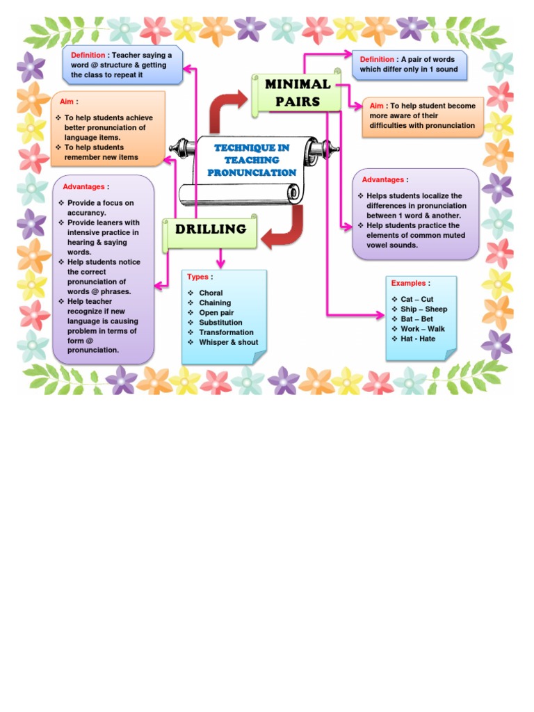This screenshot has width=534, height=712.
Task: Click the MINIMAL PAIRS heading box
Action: point(298,92)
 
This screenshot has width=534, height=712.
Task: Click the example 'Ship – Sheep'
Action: point(423,309)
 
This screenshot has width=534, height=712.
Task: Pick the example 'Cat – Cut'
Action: point(416,300)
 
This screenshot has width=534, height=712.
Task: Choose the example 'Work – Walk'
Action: point(423,329)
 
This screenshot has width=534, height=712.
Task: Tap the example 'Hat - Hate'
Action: point(418,339)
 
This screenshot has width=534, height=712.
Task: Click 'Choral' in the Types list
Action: point(211,293)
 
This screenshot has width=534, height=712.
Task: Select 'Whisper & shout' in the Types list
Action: point(228,342)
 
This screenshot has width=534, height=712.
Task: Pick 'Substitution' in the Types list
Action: point(220,323)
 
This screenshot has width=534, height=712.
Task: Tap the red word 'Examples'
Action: point(408,283)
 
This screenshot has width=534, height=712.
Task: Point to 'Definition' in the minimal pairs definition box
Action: point(377,60)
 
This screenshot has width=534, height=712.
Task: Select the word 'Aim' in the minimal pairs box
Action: point(376,106)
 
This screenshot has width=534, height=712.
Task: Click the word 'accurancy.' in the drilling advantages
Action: point(87,213)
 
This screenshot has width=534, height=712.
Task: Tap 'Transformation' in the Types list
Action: point(226,332)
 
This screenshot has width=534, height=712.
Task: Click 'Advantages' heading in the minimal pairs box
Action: point(382,180)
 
